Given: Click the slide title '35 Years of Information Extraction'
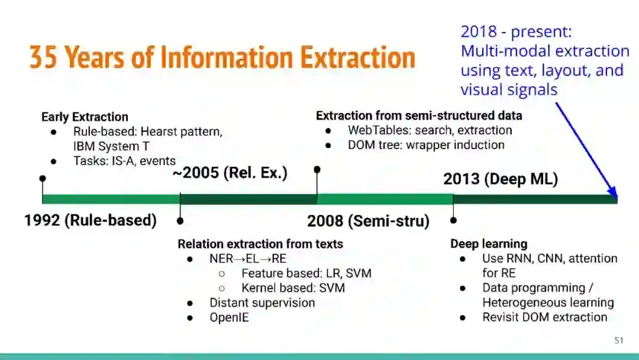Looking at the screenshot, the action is (x=222, y=57).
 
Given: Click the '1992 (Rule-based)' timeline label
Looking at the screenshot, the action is (x=91, y=220).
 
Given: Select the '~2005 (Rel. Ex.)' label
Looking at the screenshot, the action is (x=230, y=173).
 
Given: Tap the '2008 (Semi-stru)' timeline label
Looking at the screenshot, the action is (x=369, y=221).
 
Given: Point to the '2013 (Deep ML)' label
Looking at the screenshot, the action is (x=501, y=179).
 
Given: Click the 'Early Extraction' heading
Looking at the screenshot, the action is (x=85, y=117).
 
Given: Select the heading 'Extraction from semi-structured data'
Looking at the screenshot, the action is (x=419, y=116).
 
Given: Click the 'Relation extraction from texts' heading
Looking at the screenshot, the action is (x=260, y=244).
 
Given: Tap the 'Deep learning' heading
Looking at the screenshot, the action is (x=489, y=244).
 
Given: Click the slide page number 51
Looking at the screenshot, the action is (x=619, y=340).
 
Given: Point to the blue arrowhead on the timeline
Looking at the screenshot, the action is (x=613, y=192).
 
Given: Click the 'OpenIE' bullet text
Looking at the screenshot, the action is (x=229, y=317).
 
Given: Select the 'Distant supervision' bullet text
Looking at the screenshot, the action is (x=262, y=303).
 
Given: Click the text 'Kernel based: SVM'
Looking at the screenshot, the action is (x=293, y=288).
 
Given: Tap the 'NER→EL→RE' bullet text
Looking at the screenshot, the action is (x=248, y=259).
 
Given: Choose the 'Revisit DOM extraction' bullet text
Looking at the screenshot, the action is (x=544, y=317).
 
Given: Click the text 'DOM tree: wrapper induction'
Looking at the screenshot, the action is (x=426, y=144).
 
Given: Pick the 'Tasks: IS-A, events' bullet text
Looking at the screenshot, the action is (x=124, y=160).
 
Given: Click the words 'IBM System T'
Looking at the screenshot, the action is (x=111, y=146).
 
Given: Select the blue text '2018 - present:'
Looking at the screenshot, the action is (x=517, y=31).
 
